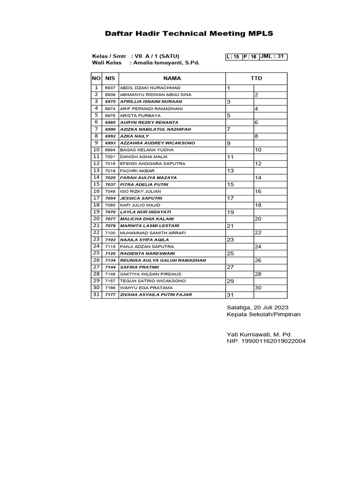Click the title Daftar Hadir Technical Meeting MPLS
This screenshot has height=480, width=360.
point(188,33)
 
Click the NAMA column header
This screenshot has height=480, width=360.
point(172,78)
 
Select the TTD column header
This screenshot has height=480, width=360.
point(256,78)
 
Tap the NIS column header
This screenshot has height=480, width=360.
point(110,78)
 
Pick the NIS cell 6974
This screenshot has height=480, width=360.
point(110,108)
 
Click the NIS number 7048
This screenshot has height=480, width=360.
point(110,191)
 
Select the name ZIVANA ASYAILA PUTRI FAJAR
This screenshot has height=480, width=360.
point(156,294)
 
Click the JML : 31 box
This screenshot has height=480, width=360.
point(273,57)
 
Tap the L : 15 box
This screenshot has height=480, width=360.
point(233,57)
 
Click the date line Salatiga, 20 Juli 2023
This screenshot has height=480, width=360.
point(257,307)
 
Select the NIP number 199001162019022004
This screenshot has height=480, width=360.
point(266,341)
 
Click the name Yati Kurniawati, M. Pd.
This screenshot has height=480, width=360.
point(259,334)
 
